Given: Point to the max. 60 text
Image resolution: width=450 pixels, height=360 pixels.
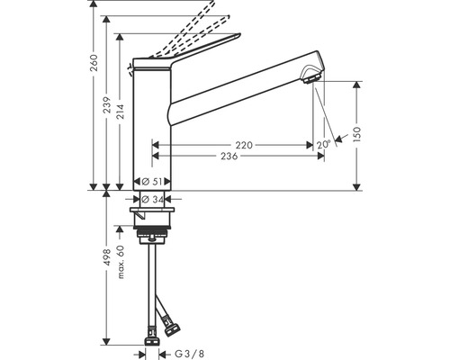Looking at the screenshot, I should click(x=120, y=262).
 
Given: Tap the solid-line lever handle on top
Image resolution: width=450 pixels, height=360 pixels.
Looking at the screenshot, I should click(x=193, y=49).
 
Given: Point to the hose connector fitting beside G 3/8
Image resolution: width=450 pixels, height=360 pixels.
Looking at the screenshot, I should click(x=151, y=342).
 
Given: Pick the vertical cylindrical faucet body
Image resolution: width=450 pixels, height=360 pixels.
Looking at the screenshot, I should click(x=151, y=126).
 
